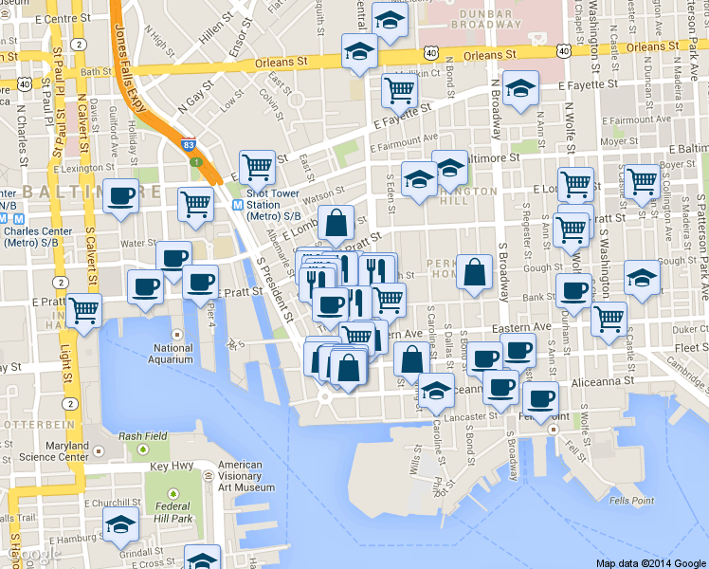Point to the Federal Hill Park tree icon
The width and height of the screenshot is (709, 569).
173,495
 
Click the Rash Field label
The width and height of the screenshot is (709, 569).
142,436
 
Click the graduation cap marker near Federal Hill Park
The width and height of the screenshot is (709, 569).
120,524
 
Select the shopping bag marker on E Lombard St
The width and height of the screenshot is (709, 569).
336,224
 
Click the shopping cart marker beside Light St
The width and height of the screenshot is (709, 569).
84,309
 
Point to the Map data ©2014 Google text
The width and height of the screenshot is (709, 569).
650,562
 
